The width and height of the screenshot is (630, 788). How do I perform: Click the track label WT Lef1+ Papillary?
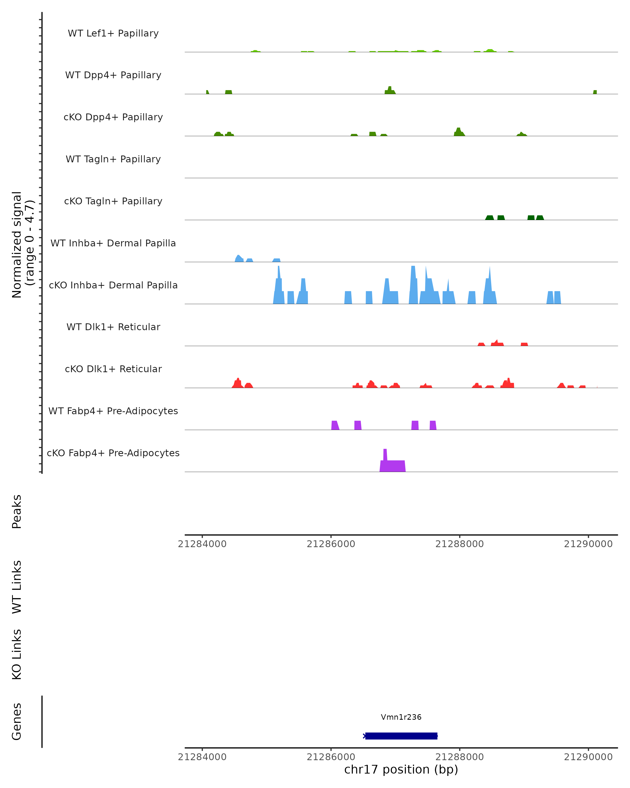[113, 33]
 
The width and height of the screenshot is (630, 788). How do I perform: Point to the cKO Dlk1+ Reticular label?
[113, 369]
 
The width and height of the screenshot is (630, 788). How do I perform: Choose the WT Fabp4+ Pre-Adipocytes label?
[113, 411]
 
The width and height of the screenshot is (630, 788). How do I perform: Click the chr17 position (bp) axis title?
[401, 769]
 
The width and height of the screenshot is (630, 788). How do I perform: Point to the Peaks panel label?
[17, 511]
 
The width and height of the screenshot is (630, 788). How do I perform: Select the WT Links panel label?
[17, 587]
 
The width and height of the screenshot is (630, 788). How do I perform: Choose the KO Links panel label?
[17, 654]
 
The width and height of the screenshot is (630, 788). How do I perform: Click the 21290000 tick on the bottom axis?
[588, 757]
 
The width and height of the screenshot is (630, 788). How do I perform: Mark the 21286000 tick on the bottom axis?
[331, 757]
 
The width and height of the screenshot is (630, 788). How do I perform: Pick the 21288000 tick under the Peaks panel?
[459, 544]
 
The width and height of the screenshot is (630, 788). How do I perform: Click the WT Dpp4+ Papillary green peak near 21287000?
[390, 91]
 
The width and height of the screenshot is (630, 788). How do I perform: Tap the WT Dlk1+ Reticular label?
[113, 327]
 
